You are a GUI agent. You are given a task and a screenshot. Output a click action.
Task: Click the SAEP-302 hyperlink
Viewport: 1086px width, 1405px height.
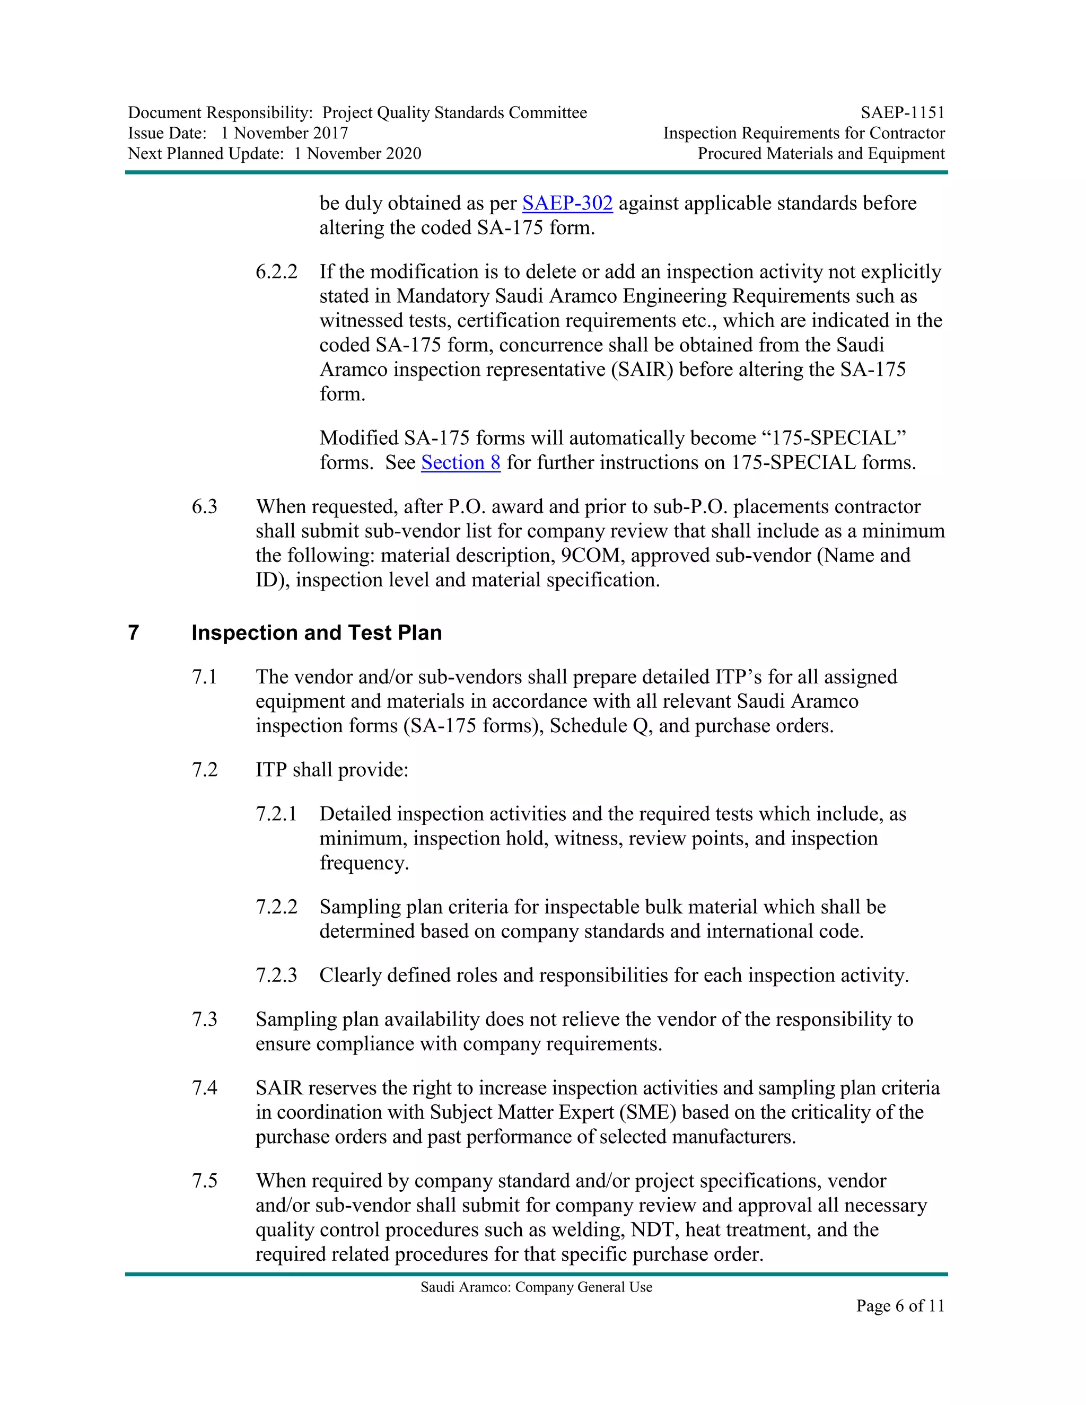[567, 203]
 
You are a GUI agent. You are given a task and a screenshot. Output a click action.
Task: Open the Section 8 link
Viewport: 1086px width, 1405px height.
[461, 462]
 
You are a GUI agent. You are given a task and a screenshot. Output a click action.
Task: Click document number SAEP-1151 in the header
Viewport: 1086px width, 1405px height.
[903, 113]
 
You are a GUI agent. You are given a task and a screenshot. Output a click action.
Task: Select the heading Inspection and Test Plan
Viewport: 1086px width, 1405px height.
[317, 633]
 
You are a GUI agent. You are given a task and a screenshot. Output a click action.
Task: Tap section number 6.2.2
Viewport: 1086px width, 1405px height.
[277, 272]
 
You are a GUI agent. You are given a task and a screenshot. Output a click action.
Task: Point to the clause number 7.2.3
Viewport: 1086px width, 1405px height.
[277, 975]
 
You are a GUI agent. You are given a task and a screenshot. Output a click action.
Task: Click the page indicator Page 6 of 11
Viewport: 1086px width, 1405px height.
[900, 1305]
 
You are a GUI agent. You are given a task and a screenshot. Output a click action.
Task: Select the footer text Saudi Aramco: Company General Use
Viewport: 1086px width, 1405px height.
[537, 1287]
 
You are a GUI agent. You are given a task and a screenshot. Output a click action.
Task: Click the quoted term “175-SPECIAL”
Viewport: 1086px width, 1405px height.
[834, 438]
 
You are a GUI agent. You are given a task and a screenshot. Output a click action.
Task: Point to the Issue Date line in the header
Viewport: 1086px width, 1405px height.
[238, 133]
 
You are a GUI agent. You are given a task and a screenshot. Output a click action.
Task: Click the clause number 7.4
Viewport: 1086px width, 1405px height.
[205, 1088]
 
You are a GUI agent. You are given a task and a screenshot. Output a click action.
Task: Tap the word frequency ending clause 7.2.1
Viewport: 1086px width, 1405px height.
[364, 863]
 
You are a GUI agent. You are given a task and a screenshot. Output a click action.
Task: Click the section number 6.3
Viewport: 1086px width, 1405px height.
[205, 507]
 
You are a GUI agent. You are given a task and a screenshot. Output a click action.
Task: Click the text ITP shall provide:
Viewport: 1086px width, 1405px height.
[332, 770]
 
